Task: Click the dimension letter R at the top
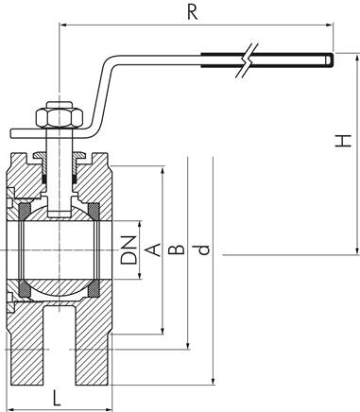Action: (193, 14)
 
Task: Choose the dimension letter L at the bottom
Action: (58, 397)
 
